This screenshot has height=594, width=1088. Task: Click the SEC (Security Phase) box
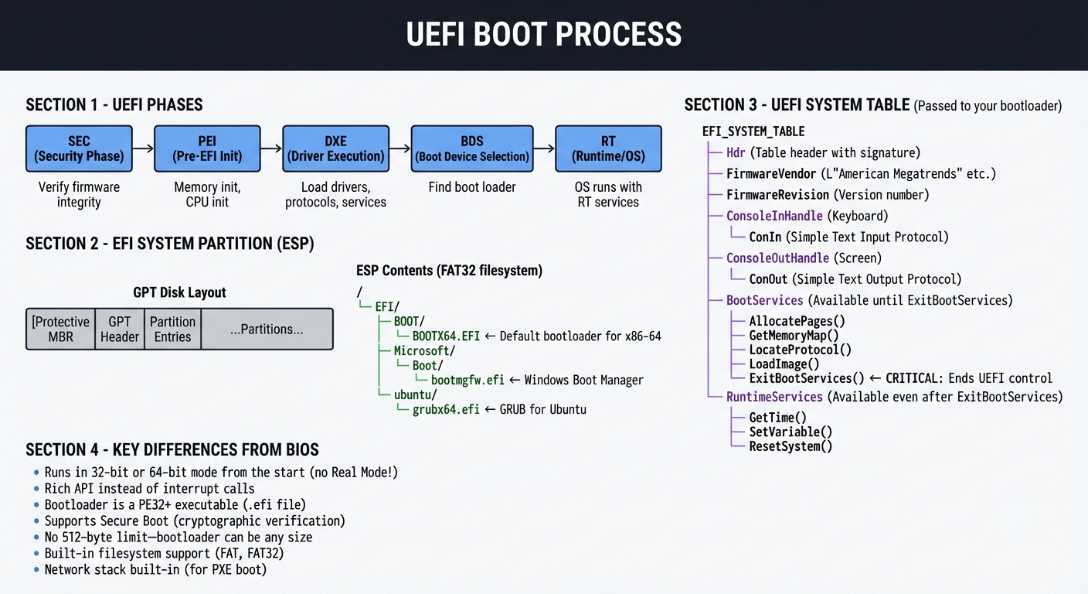point(79,148)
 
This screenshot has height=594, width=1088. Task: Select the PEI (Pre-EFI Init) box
point(207,148)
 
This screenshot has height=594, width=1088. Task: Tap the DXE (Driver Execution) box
point(335,148)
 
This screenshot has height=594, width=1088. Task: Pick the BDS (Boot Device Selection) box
point(471,148)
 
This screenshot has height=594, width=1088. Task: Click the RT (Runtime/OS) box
point(608,148)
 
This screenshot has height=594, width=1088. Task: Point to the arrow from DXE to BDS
point(399,148)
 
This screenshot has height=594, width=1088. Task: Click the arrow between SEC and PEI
point(143,148)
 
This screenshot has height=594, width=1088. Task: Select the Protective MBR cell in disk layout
point(60,329)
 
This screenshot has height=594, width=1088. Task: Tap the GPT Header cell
point(120,329)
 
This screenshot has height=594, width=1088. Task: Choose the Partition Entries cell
point(172,329)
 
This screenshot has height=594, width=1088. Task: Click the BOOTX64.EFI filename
point(446,336)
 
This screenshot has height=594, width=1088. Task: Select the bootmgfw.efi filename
point(467,380)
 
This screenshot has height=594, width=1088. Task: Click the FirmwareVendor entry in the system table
point(771,174)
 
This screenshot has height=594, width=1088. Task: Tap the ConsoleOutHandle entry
point(777,258)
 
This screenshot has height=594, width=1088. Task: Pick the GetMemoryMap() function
point(794,336)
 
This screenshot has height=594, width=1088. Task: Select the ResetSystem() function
point(790,446)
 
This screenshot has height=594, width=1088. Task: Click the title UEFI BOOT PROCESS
point(544,35)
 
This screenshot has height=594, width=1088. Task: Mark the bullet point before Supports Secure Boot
point(36,522)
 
